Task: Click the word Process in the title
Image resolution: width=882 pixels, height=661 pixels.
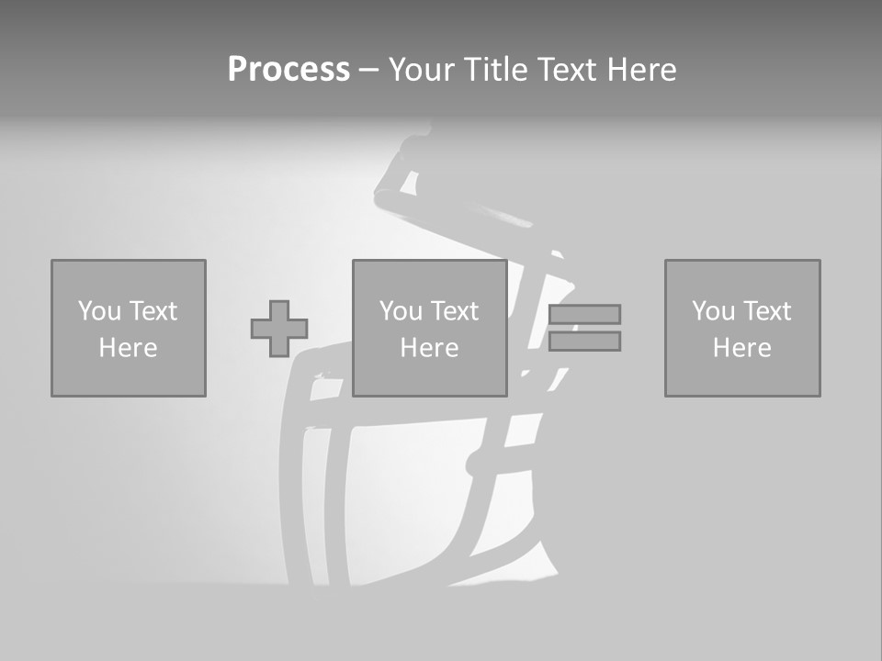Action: tap(288, 70)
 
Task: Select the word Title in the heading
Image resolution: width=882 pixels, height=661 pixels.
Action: tap(497, 70)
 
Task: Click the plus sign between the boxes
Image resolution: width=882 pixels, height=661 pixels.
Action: tap(279, 329)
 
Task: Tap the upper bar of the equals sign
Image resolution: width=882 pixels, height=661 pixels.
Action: tap(584, 314)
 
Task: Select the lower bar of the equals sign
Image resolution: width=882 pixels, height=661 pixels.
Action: tap(584, 341)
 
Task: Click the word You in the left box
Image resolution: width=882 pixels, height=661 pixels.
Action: tap(99, 311)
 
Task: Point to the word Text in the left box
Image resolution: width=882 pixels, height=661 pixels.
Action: tap(153, 311)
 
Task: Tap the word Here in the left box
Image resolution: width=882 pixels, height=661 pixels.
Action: tap(128, 348)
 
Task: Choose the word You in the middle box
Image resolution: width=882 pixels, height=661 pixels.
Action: tap(401, 311)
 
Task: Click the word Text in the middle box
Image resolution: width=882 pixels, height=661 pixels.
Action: tap(454, 311)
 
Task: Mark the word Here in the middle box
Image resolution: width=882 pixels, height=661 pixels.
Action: tap(429, 348)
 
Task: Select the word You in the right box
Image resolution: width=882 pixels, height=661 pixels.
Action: tap(713, 311)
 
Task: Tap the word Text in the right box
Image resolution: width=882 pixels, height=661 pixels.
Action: tap(766, 311)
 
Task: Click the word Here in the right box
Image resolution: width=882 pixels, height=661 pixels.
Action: tap(741, 348)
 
